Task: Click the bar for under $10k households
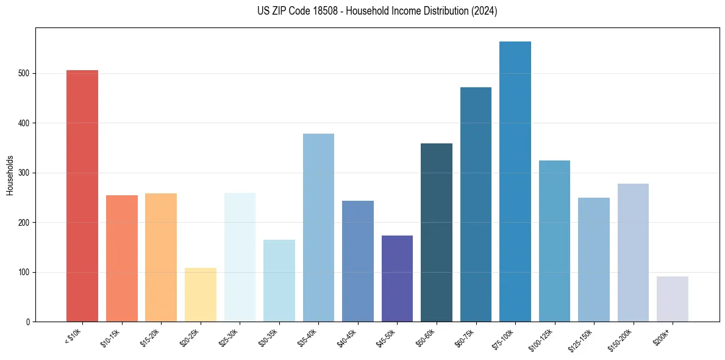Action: (x=82, y=195)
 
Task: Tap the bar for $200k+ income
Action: (x=672, y=299)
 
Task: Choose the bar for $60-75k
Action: (x=476, y=204)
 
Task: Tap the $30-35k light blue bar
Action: (x=279, y=281)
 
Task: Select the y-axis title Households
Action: (x=10, y=175)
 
